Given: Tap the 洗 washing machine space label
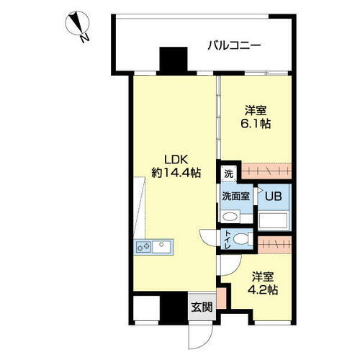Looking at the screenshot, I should [x=228, y=173].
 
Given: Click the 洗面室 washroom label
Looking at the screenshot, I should [x=236, y=195].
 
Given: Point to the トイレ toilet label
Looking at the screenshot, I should [x=227, y=240].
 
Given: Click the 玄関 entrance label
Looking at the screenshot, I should [x=201, y=307].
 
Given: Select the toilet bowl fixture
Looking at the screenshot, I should [x=242, y=240].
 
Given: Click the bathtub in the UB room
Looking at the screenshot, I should [x=274, y=218].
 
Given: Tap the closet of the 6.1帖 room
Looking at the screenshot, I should [x=266, y=171].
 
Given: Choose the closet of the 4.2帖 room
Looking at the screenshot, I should [x=274, y=243].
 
